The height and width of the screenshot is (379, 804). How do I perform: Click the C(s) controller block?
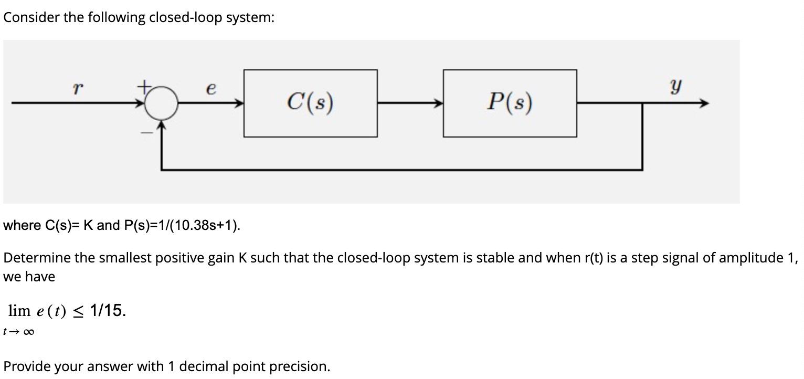(x=310, y=103)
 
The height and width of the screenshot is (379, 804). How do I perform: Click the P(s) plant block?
(x=510, y=103)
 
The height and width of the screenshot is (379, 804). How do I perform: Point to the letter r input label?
(x=77, y=89)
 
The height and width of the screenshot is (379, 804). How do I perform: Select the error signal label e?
(x=210, y=89)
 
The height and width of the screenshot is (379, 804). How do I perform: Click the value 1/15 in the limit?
(x=107, y=311)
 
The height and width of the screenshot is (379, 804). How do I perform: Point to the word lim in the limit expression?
(x=19, y=311)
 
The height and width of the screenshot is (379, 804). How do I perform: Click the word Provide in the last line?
(x=27, y=366)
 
